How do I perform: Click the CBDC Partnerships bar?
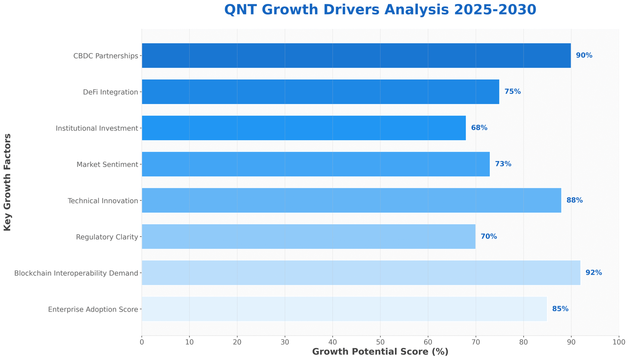click(x=356, y=55)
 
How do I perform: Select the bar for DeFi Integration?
click(x=320, y=92)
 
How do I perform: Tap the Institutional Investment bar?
click(x=303, y=128)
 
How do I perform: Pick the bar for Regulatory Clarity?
click(x=309, y=237)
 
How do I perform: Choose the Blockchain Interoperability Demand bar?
click(x=361, y=273)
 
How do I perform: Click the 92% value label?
click(x=594, y=273)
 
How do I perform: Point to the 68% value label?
click(x=479, y=128)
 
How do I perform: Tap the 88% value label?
click(x=574, y=200)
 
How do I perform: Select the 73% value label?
click(x=503, y=164)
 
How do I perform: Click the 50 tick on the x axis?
click(x=380, y=342)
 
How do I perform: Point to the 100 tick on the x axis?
click(x=619, y=342)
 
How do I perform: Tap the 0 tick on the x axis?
click(x=142, y=342)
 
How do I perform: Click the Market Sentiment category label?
click(x=107, y=164)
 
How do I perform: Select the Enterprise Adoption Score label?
click(x=93, y=309)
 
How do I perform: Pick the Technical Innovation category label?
click(x=103, y=201)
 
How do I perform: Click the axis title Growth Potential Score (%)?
click(x=380, y=352)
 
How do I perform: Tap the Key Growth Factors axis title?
click(x=7, y=182)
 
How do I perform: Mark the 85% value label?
click(x=560, y=309)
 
